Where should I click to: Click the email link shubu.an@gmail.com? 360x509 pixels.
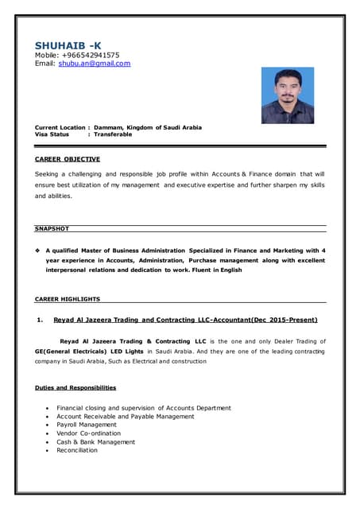pos(94,64)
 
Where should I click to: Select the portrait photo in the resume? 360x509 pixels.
pos(288,95)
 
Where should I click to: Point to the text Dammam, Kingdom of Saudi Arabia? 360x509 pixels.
pos(147,127)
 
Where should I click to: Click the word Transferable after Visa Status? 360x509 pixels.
pos(113,134)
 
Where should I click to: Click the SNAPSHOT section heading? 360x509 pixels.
pos(52,229)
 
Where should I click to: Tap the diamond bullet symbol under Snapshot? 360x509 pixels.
pos(38,251)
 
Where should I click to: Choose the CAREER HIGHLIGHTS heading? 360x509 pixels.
pos(68,299)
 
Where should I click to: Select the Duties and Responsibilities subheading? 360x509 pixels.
pos(75,387)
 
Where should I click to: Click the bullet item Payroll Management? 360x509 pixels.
pos(86,425)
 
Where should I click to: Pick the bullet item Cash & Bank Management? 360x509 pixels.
pos(95,441)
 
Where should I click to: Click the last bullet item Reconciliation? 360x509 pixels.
pos(77,450)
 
